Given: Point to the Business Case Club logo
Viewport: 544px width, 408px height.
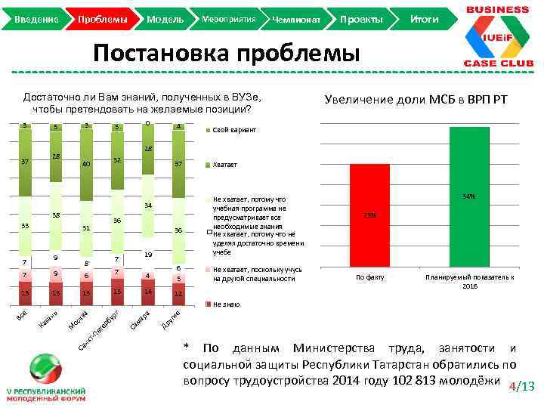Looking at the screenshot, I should click(x=496, y=36).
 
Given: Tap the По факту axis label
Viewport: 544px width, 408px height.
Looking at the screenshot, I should click(x=370, y=278).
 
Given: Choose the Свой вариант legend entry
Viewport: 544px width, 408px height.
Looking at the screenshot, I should click(x=234, y=130).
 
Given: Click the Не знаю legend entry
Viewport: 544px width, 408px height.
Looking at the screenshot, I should click(x=226, y=304).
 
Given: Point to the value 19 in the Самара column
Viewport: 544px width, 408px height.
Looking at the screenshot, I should click(x=149, y=255).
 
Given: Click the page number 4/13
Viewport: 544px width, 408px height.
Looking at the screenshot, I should click(x=522, y=387).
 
